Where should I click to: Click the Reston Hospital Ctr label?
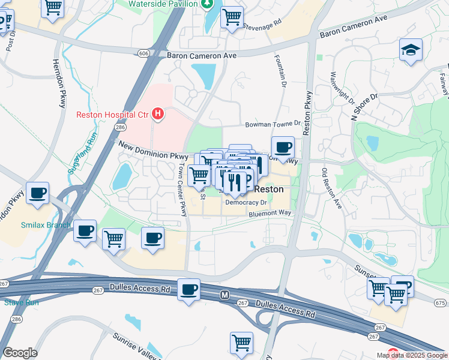[112, 115]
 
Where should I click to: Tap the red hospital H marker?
[158, 113]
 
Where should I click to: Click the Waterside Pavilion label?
[163, 4]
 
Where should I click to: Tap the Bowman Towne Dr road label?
[272, 124]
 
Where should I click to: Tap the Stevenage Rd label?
[262, 25]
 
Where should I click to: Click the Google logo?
[19, 353]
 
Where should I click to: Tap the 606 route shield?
[143, 53]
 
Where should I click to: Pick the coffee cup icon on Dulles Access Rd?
[190, 289]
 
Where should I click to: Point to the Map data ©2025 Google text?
[412, 355]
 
